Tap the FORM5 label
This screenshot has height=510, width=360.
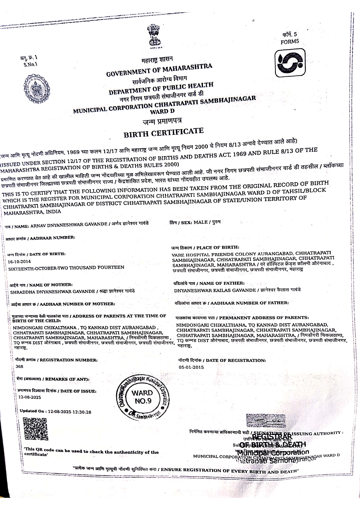pos(289,42)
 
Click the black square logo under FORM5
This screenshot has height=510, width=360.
pos(290,62)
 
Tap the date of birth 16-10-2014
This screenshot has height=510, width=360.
pos(19,261)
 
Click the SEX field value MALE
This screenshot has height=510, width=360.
pos(200,222)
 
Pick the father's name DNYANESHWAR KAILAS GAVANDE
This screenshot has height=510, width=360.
pos(215,290)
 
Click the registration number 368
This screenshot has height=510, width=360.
pos(19,367)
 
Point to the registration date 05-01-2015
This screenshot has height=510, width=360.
pos(191,367)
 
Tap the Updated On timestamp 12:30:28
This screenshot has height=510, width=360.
pos(82,412)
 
